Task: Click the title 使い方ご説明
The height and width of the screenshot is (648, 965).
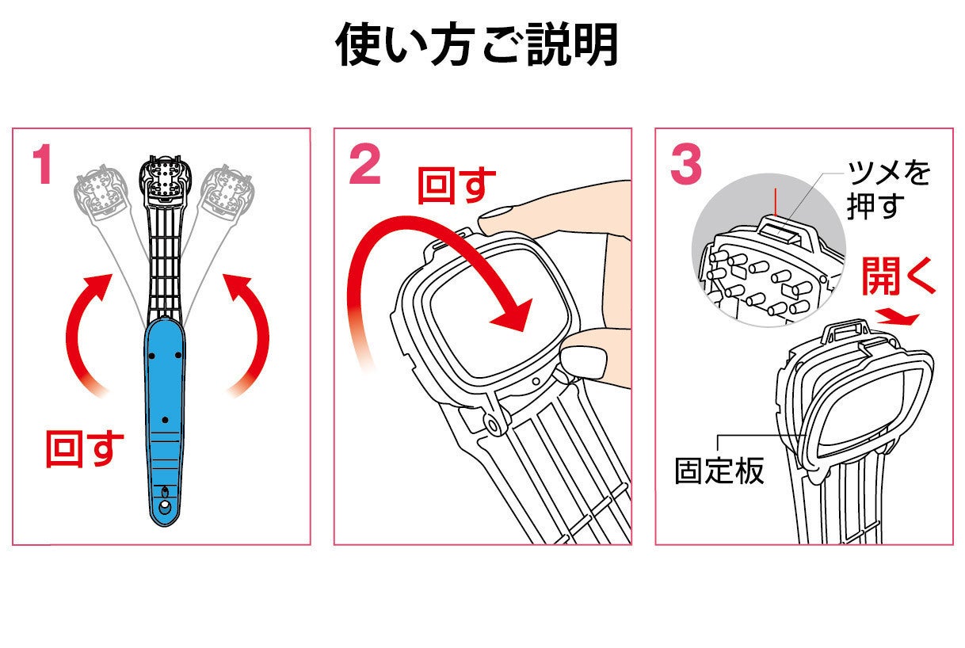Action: (477, 44)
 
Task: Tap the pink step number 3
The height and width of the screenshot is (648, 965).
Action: (685, 166)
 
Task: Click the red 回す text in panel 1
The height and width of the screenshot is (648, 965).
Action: (85, 449)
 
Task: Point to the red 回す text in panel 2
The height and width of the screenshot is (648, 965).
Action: (456, 185)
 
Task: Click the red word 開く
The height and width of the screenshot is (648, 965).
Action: (898, 276)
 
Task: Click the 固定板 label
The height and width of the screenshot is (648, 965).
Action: (719, 471)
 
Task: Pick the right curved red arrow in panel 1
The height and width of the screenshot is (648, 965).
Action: (247, 333)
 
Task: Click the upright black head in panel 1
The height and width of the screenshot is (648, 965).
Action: (166, 178)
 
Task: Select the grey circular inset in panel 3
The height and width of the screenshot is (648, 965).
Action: (761, 261)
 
